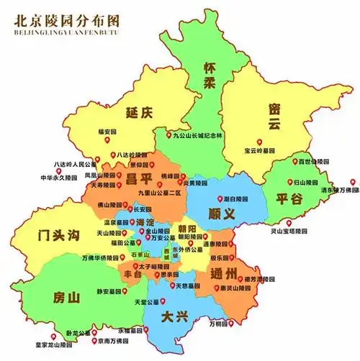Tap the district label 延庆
(x=140, y=113)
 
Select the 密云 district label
(x=273, y=117)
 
